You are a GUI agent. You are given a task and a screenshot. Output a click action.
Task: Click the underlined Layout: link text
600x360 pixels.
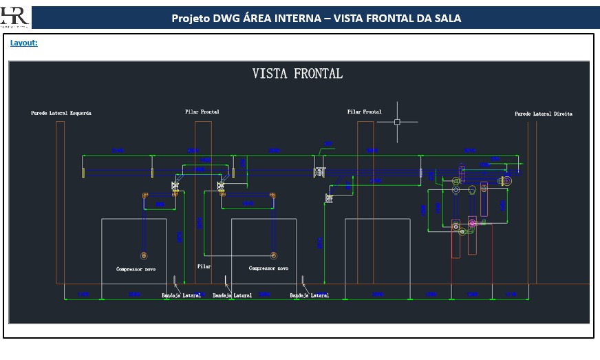click(23, 43)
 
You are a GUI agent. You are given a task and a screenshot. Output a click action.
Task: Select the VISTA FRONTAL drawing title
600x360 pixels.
click(297, 74)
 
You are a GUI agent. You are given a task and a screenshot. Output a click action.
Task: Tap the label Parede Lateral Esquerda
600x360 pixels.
click(61, 113)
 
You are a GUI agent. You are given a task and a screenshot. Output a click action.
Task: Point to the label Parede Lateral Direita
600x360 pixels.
click(543, 114)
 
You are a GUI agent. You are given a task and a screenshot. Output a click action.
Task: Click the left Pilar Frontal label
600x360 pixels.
click(202, 112)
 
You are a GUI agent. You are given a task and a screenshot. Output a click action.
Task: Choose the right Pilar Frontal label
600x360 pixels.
click(364, 112)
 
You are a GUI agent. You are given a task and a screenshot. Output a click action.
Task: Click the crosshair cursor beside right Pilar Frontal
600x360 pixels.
click(397, 122)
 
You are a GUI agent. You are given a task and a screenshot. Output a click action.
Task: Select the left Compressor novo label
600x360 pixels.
click(136, 269)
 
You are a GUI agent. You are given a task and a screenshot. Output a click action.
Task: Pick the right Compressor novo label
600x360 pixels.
click(268, 268)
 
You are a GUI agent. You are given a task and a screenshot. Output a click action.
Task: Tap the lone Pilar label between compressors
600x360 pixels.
click(204, 266)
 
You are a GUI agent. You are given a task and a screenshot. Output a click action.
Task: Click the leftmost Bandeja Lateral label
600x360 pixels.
click(182, 295)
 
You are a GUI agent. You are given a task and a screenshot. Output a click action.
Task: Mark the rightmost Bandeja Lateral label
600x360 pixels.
click(309, 295)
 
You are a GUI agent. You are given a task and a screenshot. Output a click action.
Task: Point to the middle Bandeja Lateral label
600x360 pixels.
click(232, 295)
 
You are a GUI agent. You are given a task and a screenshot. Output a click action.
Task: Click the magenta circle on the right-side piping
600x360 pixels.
click(472, 222)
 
